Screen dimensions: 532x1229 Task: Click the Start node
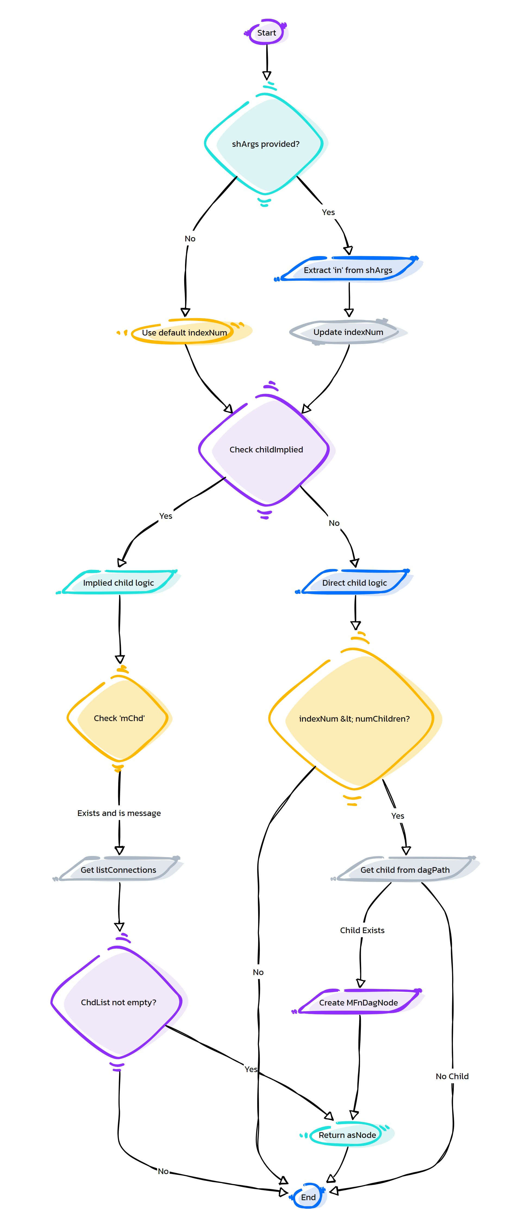pos(267,32)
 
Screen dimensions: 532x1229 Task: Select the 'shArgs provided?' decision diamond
pos(265,144)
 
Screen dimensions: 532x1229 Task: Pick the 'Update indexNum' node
pos(349,332)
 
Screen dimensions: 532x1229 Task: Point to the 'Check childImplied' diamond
pos(266,449)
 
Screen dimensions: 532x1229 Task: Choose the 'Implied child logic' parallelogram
pos(118,582)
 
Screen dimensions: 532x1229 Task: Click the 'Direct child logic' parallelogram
pos(354,582)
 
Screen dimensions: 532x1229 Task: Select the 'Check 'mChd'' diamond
pos(119,718)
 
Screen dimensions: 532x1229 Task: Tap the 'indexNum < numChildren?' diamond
pos(354,719)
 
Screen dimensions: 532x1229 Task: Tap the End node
pos(308,1197)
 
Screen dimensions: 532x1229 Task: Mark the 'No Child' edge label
pos(452,1076)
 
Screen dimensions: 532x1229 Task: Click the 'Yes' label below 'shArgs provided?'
pos(328,212)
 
